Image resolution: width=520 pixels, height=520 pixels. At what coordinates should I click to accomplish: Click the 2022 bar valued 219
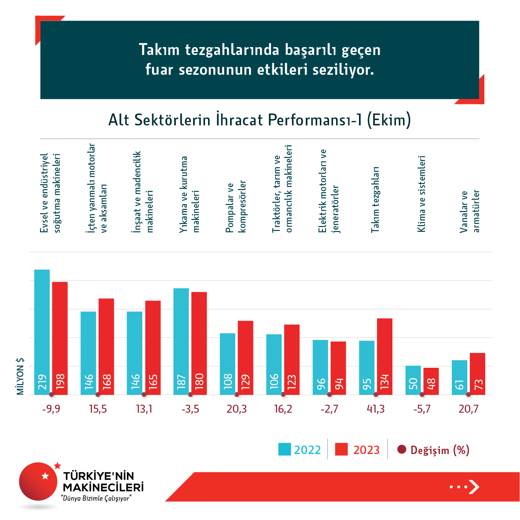click(42, 332)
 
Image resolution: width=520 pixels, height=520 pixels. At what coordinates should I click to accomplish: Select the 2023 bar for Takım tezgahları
click(385, 356)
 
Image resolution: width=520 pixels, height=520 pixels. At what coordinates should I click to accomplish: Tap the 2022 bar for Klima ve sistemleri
click(413, 380)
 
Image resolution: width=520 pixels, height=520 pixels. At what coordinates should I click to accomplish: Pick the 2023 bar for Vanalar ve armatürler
click(477, 374)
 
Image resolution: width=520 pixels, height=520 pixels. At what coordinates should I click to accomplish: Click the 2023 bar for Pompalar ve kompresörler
click(245, 357)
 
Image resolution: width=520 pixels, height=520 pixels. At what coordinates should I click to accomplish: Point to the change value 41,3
click(376, 409)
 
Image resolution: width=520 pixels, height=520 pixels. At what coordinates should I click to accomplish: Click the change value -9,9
click(51, 409)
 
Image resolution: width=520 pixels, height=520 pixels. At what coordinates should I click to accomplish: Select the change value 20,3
click(237, 409)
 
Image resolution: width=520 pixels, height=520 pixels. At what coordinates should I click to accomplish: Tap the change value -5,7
click(422, 409)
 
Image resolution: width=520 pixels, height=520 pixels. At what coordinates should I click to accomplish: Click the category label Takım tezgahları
click(375, 199)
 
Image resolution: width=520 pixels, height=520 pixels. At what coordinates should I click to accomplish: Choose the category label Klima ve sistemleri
click(421, 194)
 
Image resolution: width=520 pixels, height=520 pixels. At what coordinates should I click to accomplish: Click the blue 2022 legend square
click(285, 449)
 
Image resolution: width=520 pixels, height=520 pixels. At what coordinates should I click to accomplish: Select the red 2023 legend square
click(341, 449)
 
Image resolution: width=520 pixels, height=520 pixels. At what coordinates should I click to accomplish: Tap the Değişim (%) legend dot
click(401, 450)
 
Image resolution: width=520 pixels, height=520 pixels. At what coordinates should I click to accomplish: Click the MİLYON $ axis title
click(20, 376)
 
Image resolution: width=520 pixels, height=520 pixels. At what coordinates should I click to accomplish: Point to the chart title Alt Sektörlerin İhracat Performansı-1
click(260, 120)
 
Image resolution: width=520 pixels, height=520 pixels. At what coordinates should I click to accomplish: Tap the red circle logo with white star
click(39, 481)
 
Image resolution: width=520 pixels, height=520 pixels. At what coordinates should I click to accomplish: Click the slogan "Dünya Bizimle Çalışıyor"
click(96, 498)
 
